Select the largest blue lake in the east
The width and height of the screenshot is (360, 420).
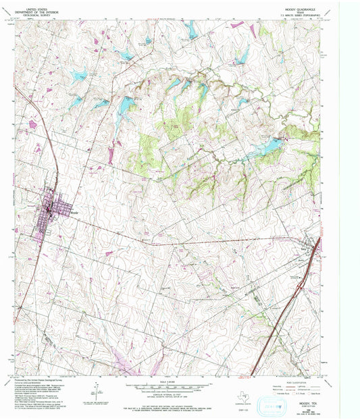(266, 145)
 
